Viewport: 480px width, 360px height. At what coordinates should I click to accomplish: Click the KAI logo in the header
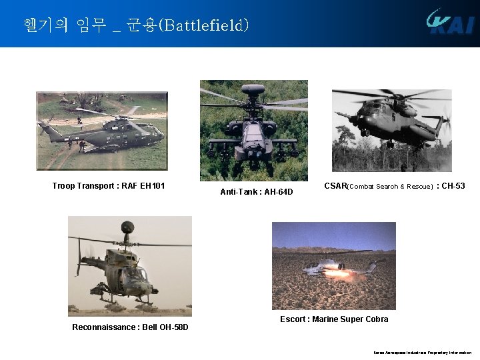(x=451, y=22)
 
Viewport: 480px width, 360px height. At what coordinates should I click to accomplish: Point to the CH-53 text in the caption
(x=453, y=186)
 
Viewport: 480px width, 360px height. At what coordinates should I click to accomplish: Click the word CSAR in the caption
(x=335, y=186)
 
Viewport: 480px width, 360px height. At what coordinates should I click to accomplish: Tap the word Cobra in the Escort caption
(x=375, y=319)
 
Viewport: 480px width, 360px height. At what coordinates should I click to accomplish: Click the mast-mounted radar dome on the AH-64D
(x=253, y=88)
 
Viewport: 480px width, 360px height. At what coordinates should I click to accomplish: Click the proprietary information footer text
(x=422, y=352)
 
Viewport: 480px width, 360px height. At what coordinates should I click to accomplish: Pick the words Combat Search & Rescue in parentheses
(x=391, y=187)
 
